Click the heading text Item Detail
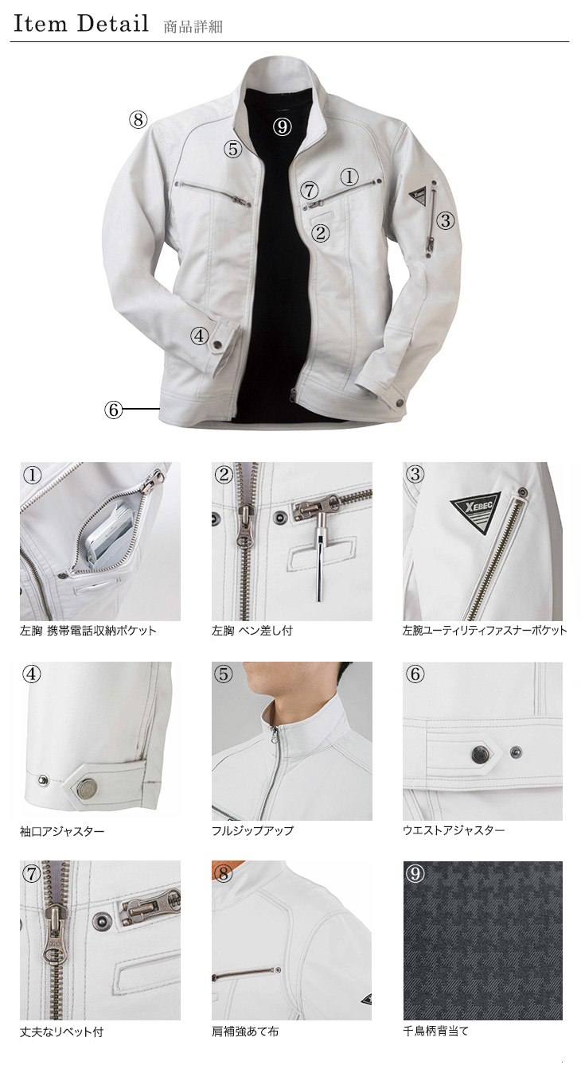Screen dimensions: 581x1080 click(x=81, y=24)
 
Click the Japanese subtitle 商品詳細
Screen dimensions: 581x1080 click(x=193, y=26)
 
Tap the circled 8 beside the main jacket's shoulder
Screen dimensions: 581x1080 click(x=138, y=119)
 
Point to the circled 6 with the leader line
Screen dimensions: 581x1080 click(x=113, y=410)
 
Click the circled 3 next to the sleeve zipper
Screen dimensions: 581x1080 click(x=446, y=220)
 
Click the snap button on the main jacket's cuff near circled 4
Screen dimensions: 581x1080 click(x=217, y=344)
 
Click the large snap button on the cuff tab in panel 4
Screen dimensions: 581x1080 click(x=85, y=789)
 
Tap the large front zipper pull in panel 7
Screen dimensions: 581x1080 click(x=53, y=934)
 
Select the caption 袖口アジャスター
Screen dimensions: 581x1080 click(x=62, y=831)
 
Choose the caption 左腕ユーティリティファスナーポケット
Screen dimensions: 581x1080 click(x=485, y=630)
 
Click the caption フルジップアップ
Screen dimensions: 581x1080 click(x=252, y=831)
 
